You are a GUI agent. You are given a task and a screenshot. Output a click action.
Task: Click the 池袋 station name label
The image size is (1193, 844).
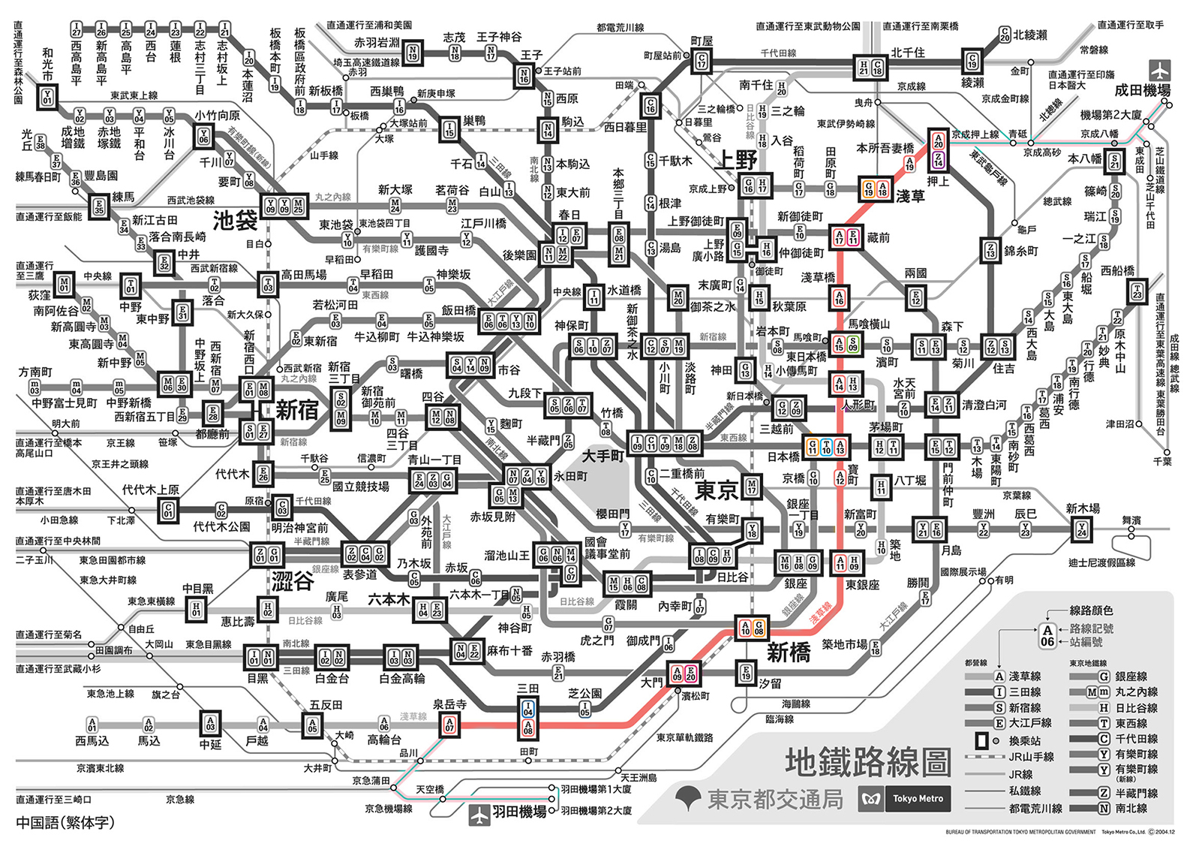click(236, 220)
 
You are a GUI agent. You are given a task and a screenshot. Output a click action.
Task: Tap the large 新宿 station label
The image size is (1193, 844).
click(297, 410)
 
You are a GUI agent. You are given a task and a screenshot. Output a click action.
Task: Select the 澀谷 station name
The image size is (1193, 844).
click(292, 580)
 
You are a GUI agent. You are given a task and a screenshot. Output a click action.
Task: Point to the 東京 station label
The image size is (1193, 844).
click(717, 491)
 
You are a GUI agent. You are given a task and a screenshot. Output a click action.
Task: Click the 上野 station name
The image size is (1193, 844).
click(738, 160)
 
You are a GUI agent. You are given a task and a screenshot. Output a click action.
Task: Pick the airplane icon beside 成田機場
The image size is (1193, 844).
click(1160, 71)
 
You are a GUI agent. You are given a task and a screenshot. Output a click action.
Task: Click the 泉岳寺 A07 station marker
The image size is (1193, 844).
click(449, 725)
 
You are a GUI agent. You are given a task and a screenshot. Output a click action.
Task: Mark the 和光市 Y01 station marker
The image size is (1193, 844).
click(47, 98)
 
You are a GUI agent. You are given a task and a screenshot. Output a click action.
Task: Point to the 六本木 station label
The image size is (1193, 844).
click(388, 599)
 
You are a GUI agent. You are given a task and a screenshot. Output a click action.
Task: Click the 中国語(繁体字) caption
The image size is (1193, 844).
click(65, 822)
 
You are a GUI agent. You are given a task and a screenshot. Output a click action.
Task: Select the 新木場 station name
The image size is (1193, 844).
click(1083, 508)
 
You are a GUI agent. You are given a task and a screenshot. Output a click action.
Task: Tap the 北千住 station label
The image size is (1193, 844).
click(908, 53)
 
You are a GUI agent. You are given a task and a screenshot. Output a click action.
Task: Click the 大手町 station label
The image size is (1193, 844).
click(603, 456)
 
